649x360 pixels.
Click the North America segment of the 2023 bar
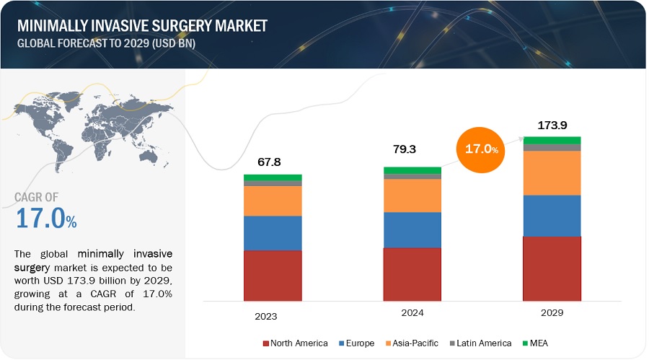(273, 275)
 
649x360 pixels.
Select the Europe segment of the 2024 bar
(412, 229)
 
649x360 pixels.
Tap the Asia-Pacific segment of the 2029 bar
(552, 173)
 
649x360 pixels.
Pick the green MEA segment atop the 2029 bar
(552, 140)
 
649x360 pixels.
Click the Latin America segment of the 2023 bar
(273, 183)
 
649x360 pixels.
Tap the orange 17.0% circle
(482, 149)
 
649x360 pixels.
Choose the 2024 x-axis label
(412, 313)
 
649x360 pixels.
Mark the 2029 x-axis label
(552, 313)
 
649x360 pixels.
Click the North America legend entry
(296, 343)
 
